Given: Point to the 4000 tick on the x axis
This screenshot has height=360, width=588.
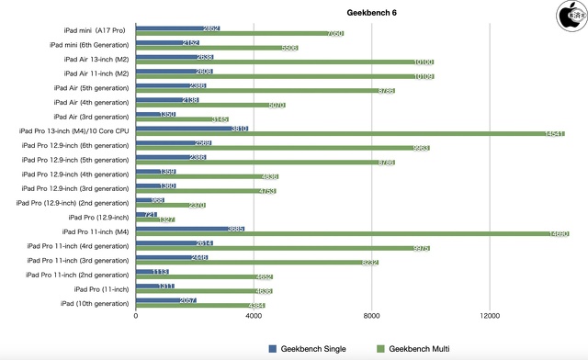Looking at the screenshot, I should point(254,318).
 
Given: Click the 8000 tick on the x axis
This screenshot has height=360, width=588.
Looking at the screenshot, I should point(372,318).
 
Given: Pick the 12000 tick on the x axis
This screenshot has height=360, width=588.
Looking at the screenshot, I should point(490,318).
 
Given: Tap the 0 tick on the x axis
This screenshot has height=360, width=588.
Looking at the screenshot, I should point(136,318).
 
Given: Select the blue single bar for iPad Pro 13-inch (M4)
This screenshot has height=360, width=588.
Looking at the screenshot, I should point(192,129).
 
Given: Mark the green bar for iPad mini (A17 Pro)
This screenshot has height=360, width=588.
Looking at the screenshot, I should point(240,33).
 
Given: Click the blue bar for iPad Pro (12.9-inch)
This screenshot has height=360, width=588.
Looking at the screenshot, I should point(146,215).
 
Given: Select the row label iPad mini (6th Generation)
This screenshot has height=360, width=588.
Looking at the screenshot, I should point(89,44).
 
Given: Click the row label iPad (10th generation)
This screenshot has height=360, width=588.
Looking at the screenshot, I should point(95,302).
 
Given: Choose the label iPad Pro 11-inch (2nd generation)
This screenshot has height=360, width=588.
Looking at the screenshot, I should point(77,274).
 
